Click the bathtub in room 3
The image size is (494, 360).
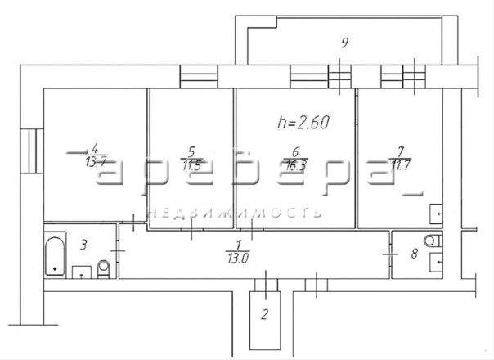click(x=55, y=256)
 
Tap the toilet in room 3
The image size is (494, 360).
click(x=104, y=269)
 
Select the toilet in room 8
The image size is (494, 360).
click(x=433, y=241)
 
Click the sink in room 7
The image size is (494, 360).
click(x=437, y=214)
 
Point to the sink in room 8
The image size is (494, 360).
click(x=437, y=262)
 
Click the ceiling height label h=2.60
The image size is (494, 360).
click(x=303, y=122)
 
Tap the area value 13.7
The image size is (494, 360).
click(x=96, y=162)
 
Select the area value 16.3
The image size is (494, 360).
click(x=295, y=166)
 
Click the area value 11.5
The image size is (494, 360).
click(x=191, y=165)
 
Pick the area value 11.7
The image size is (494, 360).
click(x=401, y=165)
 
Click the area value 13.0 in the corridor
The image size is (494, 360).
click(x=238, y=259)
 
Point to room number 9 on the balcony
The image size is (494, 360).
click(x=345, y=43)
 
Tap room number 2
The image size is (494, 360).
click(x=265, y=314)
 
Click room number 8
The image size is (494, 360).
click(x=415, y=254)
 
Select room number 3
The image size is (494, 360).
click(x=83, y=245)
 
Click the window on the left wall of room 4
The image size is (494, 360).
click(x=32, y=151)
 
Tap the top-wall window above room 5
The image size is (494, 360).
click(x=199, y=77)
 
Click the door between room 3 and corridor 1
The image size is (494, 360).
click(x=118, y=251)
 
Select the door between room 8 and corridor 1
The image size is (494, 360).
click(x=390, y=254)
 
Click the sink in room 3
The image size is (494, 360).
click(x=82, y=272)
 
